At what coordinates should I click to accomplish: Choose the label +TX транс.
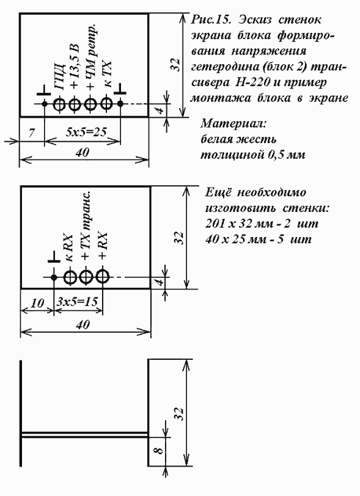point(86,225)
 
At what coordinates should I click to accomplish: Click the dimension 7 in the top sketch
point(31,133)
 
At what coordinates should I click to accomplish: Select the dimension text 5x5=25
point(86,132)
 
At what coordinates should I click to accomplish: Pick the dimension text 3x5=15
point(78,301)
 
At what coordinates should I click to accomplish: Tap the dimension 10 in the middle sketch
point(37,304)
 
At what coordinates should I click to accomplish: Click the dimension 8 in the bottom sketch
point(160,449)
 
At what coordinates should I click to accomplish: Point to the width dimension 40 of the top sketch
point(83,153)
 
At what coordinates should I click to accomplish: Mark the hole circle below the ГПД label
point(59,104)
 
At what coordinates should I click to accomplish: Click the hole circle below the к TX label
point(106,103)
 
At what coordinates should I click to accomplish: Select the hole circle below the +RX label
point(102,277)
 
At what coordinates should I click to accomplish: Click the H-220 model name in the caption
point(252,82)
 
